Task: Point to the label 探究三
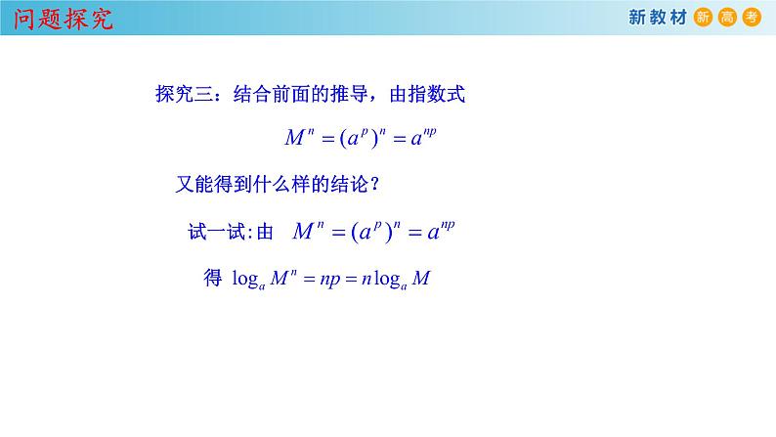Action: (186, 95)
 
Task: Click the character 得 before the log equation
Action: (212, 279)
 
